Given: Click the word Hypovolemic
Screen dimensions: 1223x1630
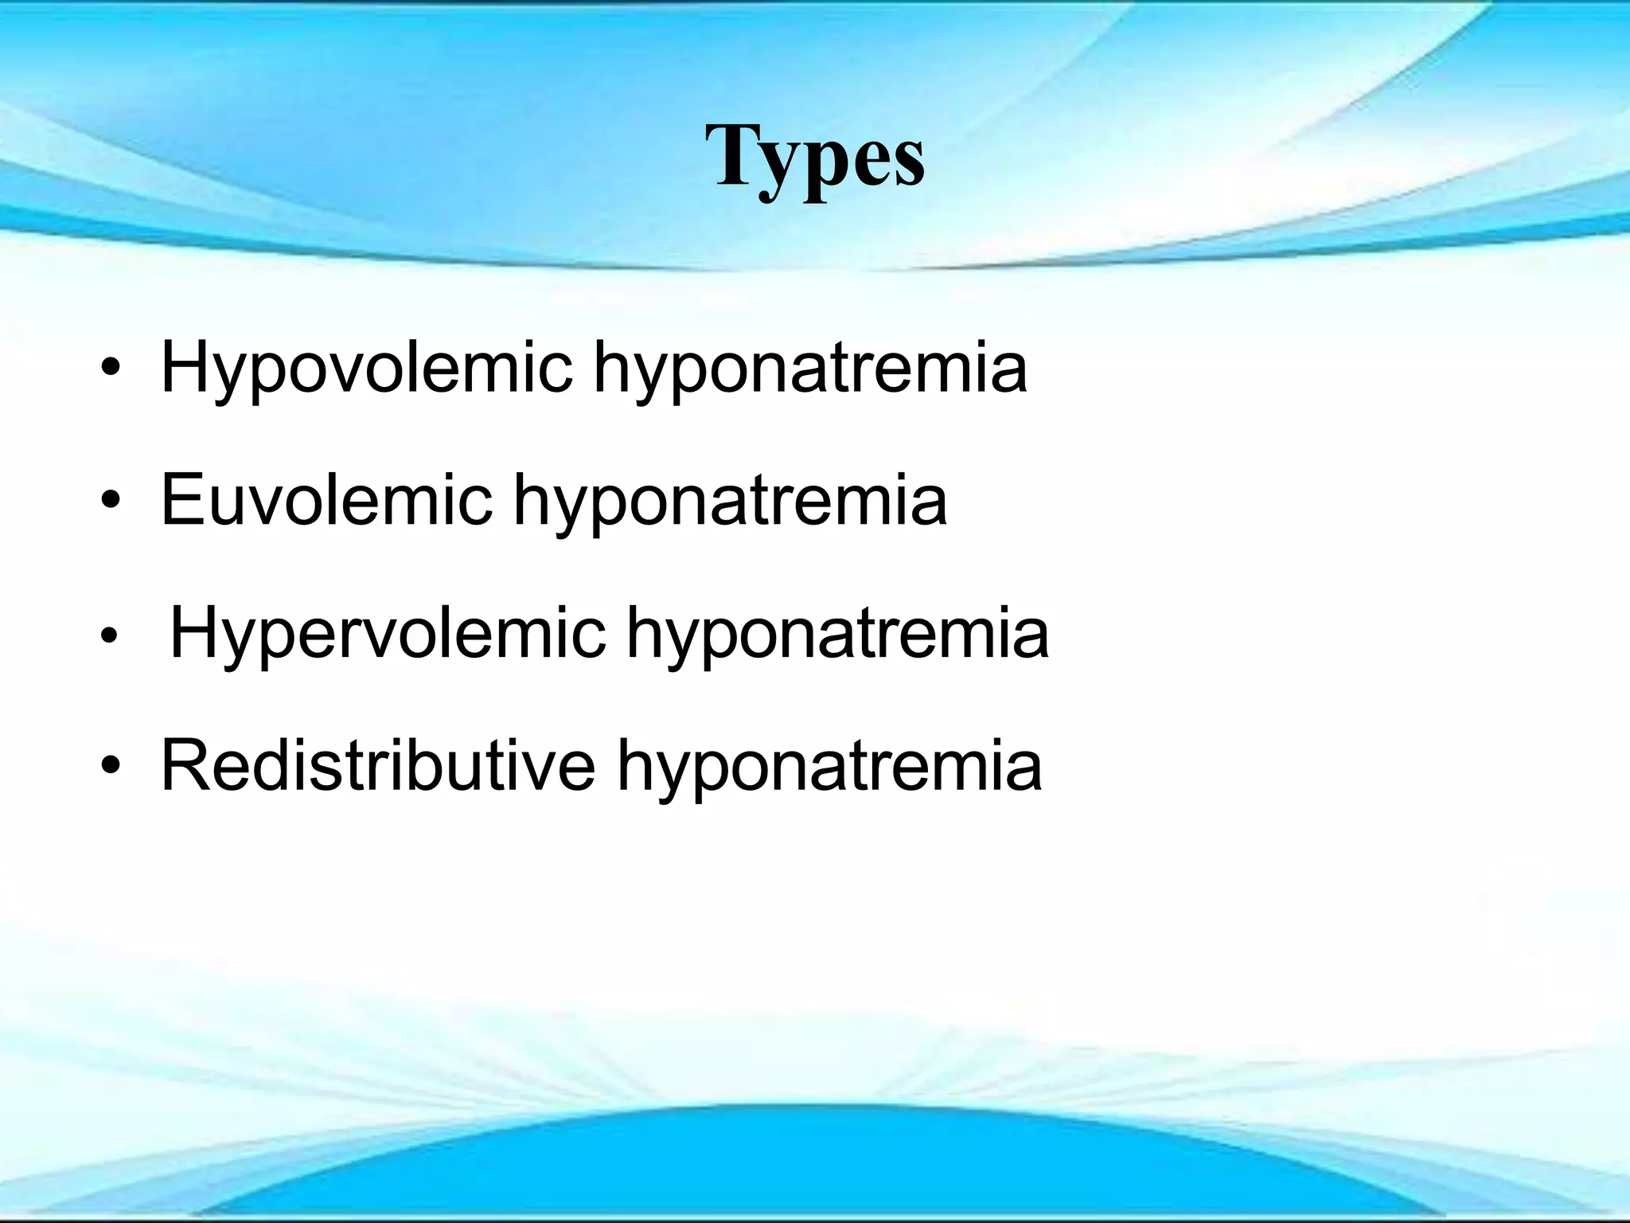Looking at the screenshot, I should [x=366, y=368].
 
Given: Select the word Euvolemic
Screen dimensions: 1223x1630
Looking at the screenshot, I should [x=326, y=501].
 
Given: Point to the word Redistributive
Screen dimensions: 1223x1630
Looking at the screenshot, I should [x=378, y=766].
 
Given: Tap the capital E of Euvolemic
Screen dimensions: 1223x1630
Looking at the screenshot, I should [x=182, y=499].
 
